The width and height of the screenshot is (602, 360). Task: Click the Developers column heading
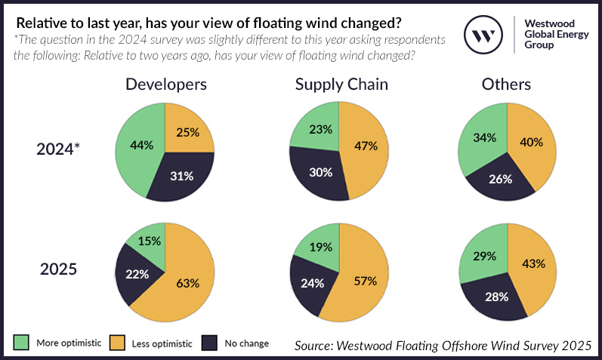[x=165, y=85]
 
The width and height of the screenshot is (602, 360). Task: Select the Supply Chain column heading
[x=341, y=85]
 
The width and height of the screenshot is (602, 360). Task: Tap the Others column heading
[x=506, y=85]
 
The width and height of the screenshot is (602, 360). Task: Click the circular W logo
[x=483, y=34]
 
